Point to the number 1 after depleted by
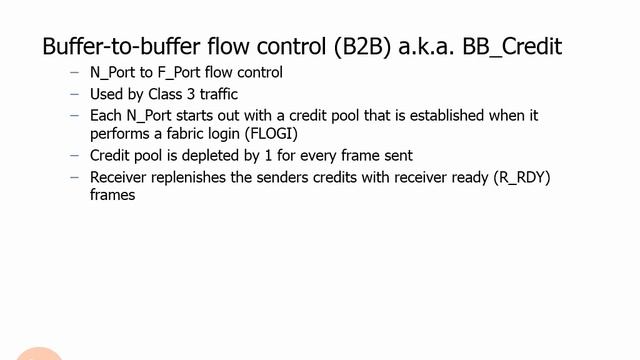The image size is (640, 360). click(264, 156)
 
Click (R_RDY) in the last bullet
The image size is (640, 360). click(490, 178)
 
